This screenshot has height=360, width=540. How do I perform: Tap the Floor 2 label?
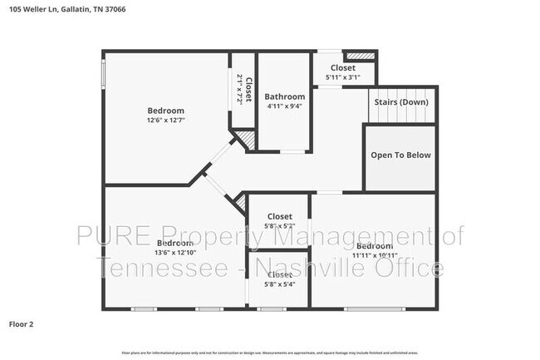(x=22, y=323)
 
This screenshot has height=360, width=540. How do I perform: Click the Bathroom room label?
(x=283, y=96)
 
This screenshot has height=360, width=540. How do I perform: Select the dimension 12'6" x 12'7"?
(x=166, y=121)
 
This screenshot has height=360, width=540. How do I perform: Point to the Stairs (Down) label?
(x=401, y=102)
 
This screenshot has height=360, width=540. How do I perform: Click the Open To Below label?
(x=400, y=155)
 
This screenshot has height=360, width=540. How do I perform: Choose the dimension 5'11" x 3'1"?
(x=342, y=77)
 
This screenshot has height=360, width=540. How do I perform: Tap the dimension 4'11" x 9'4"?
(x=283, y=106)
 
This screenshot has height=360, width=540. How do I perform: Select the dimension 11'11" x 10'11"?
(x=374, y=255)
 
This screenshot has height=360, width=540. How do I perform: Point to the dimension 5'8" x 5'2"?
(x=279, y=225)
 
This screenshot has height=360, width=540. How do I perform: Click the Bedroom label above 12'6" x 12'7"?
(x=166, y=111)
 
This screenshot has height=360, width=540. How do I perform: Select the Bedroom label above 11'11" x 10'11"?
(x=374, y=246)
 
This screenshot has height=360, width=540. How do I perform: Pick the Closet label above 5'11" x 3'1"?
(x=342, y=67)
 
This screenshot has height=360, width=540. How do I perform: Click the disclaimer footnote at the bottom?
(x=270, y=353)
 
